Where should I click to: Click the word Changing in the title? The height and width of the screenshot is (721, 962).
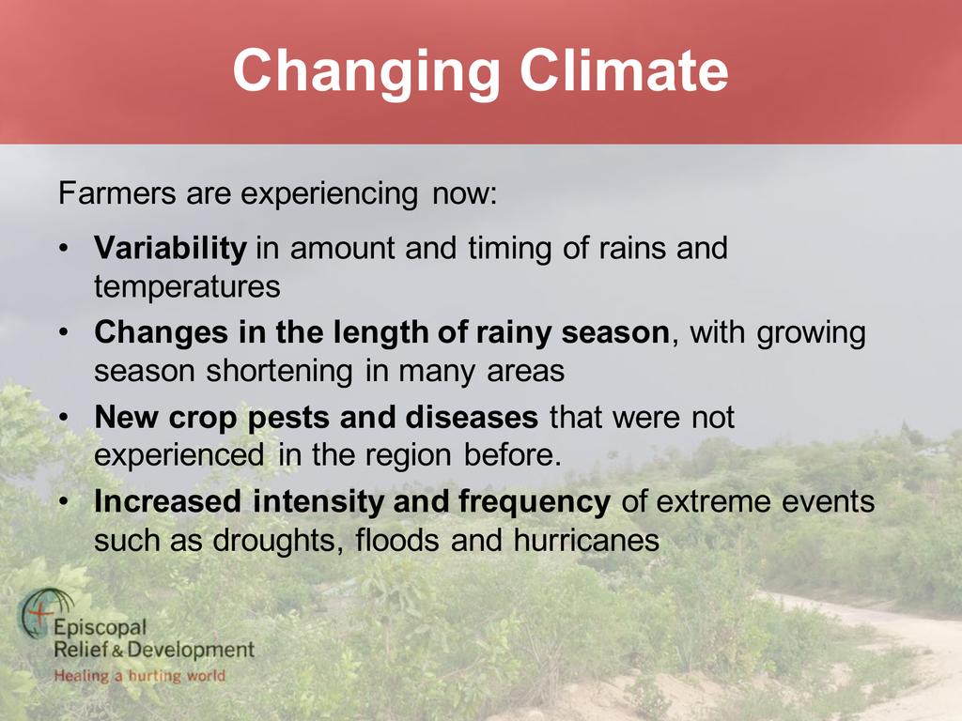(366, 73)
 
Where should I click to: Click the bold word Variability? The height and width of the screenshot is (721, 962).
(170, 249)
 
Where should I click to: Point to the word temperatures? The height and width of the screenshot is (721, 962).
(187, 287)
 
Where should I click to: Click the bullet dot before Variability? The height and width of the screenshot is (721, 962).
(63, 250)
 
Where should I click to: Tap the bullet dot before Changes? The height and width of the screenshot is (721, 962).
(63, 333)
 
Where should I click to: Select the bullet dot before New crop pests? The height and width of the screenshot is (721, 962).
(63, 418)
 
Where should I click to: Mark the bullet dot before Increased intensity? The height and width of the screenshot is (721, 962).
(63, 502)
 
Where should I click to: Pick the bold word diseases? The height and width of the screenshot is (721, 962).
(472, 417)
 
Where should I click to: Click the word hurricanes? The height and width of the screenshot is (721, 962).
(586, 540)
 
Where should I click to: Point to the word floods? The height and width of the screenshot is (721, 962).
(397, 540)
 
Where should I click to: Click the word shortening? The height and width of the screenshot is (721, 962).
(279, 372)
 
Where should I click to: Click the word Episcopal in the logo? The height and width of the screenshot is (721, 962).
(100, 628)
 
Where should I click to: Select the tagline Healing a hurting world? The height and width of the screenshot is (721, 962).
(140, 676)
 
